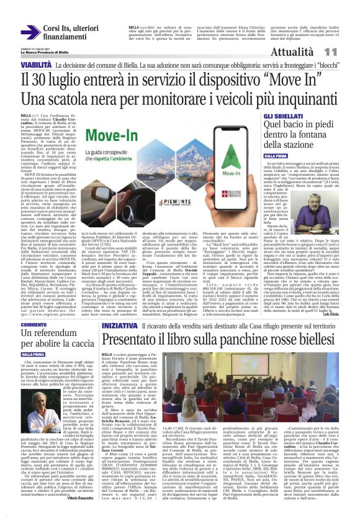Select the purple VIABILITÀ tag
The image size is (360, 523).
(x=37, y=65)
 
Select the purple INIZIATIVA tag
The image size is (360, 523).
(x=119, y=325)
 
